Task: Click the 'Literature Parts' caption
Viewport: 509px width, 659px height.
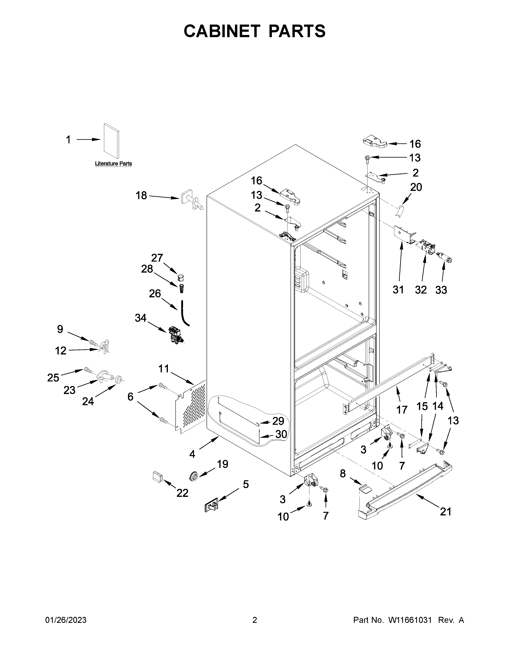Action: coord(113,164)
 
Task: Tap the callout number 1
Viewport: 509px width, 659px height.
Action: coord(68,140)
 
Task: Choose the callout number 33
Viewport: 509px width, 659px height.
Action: coord(441,290)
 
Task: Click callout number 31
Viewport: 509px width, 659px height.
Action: coord(398,290)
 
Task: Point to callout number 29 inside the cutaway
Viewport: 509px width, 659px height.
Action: coord(278,421)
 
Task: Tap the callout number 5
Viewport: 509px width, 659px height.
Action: coord(246,484)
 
